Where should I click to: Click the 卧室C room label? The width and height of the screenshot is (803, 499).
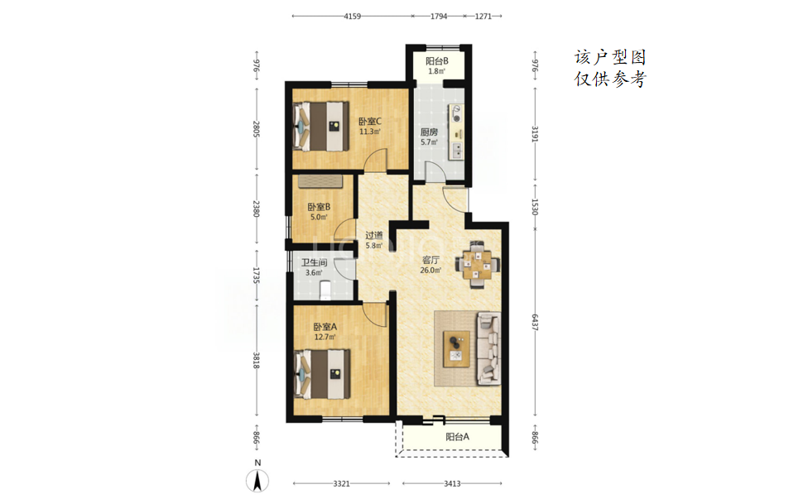tap(370, 122)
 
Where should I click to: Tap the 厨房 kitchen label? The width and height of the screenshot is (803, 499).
tap(429, 132)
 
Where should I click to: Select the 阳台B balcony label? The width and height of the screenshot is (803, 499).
tap(437, 61)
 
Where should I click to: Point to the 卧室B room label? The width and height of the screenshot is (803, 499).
tap(319, 207)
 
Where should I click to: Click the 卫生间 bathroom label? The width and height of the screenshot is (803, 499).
tap(314, 262)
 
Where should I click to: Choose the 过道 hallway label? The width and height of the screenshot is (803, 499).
tap(374, 235)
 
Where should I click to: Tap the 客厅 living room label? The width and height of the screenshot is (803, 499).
tap(430, 260)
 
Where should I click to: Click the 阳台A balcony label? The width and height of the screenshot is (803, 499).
tap(457, 437)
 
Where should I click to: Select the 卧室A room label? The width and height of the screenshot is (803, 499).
tap(325, 327)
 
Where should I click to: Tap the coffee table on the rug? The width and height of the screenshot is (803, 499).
tap(456, 348)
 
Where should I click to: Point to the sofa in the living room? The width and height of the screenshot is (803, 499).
tap(488, 349)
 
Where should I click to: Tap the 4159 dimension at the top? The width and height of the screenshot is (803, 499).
tap(353, 16)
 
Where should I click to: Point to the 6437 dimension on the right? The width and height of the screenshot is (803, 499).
tap(535, 322)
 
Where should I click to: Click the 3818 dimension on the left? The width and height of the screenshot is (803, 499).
tap(257, 360)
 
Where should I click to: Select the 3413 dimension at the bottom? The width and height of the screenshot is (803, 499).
tap(452, 483)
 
